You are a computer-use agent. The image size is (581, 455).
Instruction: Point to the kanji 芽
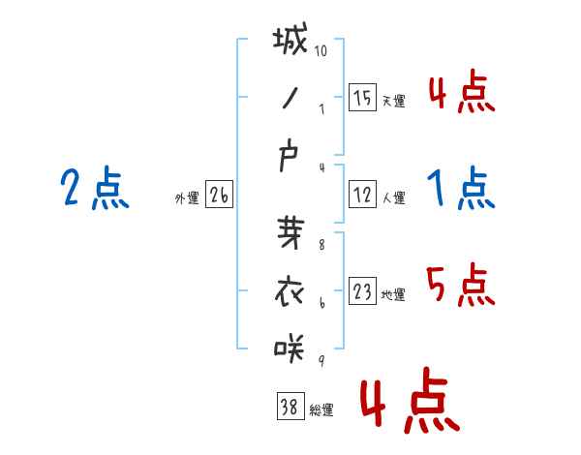pyautogui.click(x=290, y=235)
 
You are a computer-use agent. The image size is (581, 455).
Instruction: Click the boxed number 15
pyautogui.click(x=362, y=97)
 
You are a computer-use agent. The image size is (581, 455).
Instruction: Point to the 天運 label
pyautogui.click(x=394, y=101)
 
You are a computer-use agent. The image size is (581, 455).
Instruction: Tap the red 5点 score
pyautogui.click(x=461, y=284)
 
